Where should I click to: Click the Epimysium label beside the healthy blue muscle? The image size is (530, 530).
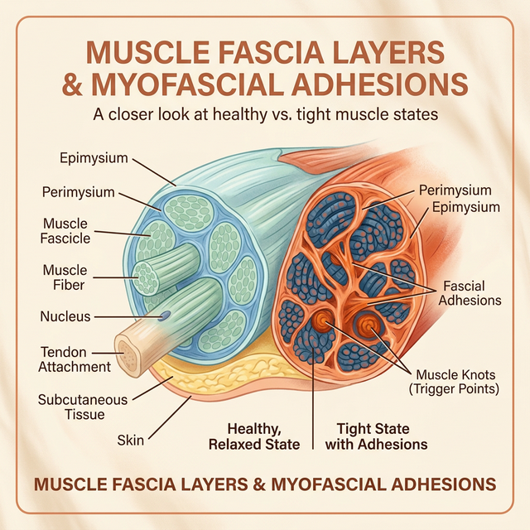tap(93, 157)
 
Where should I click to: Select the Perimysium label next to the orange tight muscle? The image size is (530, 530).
tap(455, 190)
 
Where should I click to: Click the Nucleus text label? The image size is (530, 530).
tap(65, 316)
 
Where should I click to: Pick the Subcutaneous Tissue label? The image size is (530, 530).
tap(83, 407)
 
